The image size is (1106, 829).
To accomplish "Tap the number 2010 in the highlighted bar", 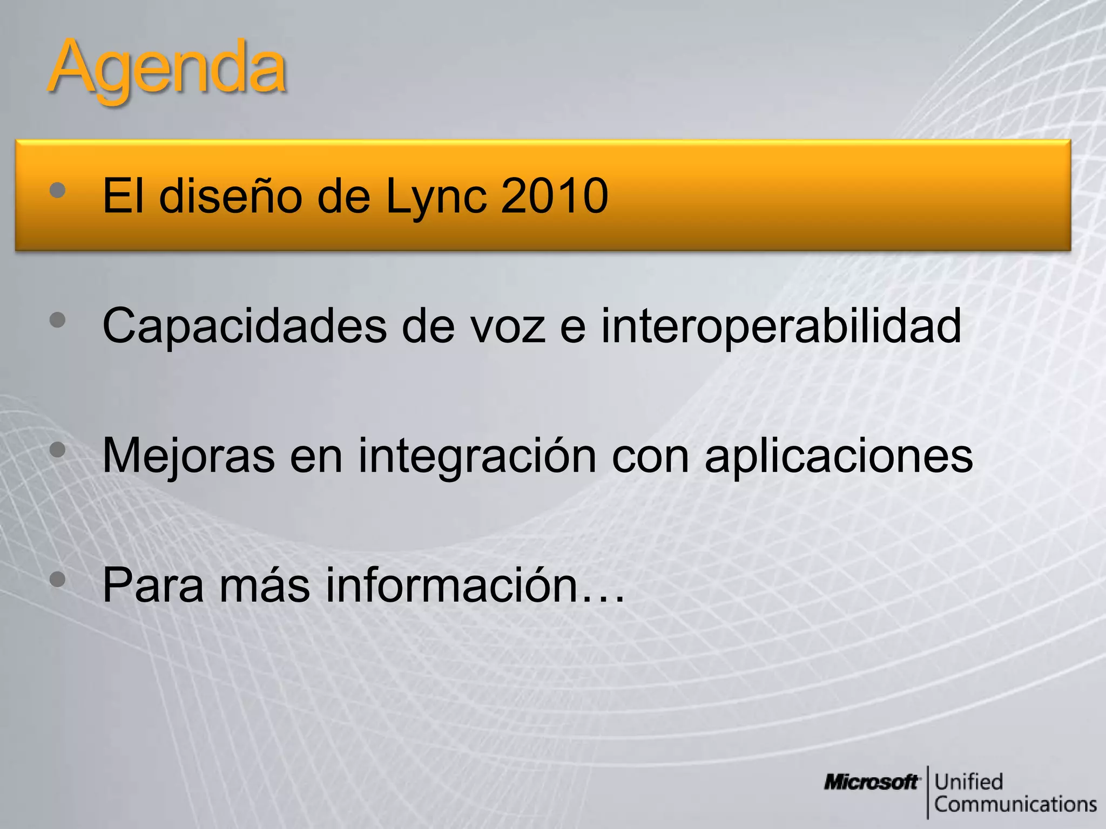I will click(555, 196).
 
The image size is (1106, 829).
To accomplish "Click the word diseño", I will click(230, 196).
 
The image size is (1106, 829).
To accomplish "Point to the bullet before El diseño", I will click(57, 189).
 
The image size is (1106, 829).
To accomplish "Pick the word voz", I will click(508, 326).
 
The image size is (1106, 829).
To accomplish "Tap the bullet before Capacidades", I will click(57, 320).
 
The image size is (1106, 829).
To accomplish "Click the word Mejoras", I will click(188, 456).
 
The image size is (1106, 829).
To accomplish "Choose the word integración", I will click(477, 456).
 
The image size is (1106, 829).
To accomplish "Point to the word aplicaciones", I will click(838, 456).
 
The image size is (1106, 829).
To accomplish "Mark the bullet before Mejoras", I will click(57, 450).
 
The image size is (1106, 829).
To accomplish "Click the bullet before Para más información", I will click(57, 580).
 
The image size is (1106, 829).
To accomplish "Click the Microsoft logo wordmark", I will click(871, 782).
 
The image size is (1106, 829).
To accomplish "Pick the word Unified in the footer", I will click(968, 782).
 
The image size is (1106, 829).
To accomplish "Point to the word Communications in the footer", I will click(1015, 804).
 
